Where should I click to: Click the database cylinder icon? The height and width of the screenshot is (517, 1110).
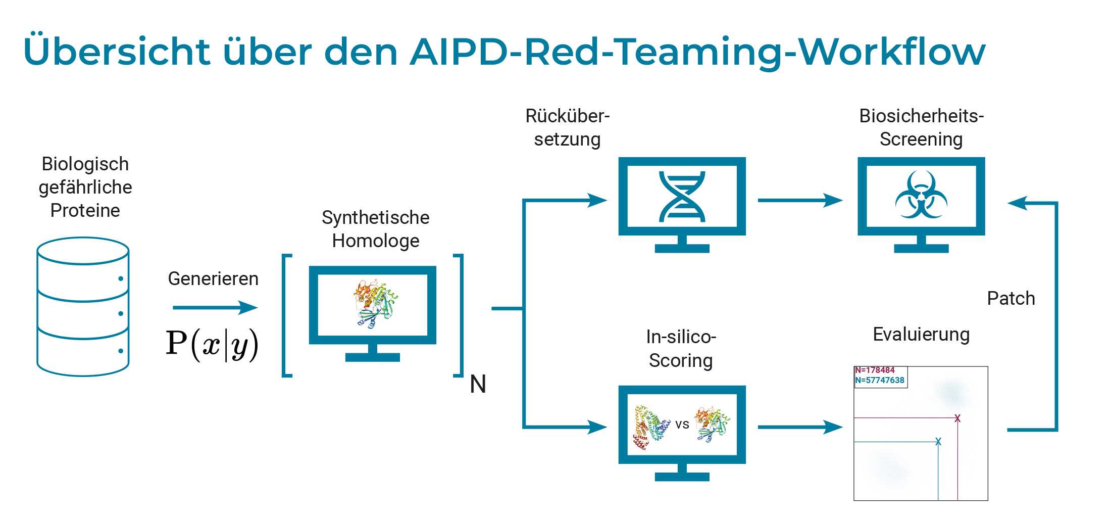point(83,307)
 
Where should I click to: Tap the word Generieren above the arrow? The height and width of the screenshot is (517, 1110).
point(213,279)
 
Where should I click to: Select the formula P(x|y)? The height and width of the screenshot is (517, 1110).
point(212,345)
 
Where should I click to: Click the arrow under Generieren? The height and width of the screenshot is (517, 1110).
point(215,307)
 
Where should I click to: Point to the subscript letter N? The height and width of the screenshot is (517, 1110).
point(478,384)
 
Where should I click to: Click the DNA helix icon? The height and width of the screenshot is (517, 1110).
point(682,197)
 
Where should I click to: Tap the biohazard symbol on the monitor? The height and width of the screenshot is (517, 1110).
point(921,196)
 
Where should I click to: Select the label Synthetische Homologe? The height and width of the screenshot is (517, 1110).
point(375,229)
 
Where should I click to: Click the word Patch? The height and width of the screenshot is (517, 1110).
point(1011,299)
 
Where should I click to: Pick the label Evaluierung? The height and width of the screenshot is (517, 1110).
point(921,335)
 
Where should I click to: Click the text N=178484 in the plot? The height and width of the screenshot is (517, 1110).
point(875,370)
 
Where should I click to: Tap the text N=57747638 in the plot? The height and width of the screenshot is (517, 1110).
point(879,380)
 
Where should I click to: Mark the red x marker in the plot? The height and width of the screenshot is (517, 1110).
point(957,418)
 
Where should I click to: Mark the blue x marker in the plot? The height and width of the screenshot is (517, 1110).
point(938,442)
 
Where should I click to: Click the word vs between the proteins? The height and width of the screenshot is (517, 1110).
point(682,425)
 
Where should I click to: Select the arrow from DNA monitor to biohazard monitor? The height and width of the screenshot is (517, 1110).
point(800,200)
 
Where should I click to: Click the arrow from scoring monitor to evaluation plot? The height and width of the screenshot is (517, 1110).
point(800,427)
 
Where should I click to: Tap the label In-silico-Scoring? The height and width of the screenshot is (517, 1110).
point(681,349)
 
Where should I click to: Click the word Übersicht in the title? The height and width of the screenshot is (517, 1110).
point(117,52)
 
